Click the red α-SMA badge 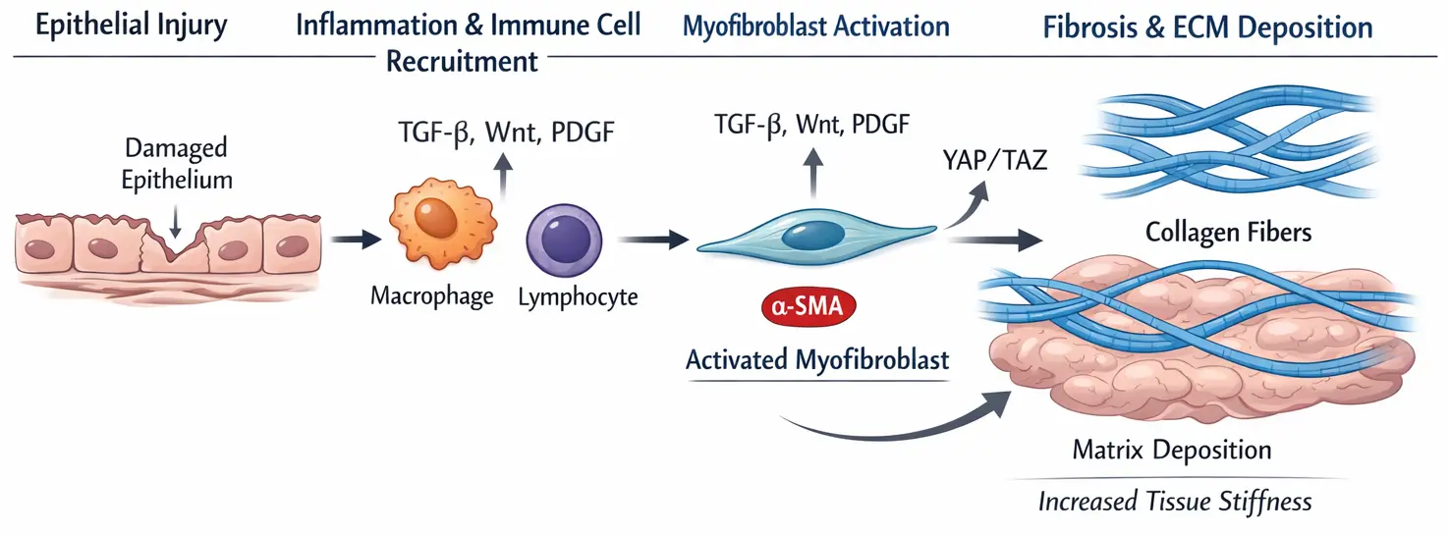pyautogui.click(x=808, y=305)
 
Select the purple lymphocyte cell pyautogui.click(x=564, y=241)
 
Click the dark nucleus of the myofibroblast pyautogui.click(x=813, y=236)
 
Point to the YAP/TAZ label pyautogui.click(x=995, y=160)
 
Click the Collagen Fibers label pyautogui.click(x=1228, y=232)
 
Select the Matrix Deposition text pyautogui.click(x=1172, y=450)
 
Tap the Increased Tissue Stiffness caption pyautogui.click(x=1175, y=502)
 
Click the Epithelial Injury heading pyautogui.click(x=132, y=26)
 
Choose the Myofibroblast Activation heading pyautogui.click(x=816, y=27)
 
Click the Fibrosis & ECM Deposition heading pyautogui.click(x=1207, y=27)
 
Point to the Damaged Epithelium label pyautogui.click(x=177, y=164)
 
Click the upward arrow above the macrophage pyautogui.click(x=503, y=175)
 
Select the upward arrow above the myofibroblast pyautogui.click(x=813, y=172)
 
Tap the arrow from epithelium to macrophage pyautogui.click(x=357, y=240)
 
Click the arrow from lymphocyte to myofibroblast pyautogui.click(x=653, y=240)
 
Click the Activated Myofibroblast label pyautogui.click(x=817, y=360)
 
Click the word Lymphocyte pyautogui.click(x=578, y=297)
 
